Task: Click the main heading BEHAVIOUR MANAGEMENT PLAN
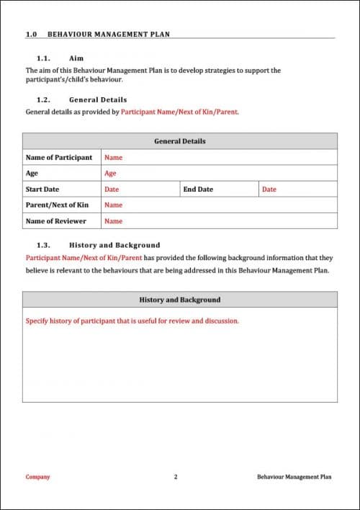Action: click(x=109, y=34)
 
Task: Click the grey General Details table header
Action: click(x=179, y=141)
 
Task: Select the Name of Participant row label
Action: click(x=59, y=157)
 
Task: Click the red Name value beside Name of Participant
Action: click(x=113, y=157)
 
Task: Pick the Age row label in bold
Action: click(x=32, y=173)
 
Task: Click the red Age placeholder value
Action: click(x=110, y=173)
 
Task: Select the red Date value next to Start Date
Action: click(x=112, y=189)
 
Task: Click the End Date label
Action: click(x=198, y=189)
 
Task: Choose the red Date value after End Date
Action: click(x=269, y=189)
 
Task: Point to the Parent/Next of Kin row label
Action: click(x=57, y=205)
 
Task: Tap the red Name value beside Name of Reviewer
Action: click(x=113, y=221)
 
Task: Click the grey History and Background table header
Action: click(x=179, y=300)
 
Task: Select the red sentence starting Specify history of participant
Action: click(x=132, y=321)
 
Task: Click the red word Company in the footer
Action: click(x=37, y=477)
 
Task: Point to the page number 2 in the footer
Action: click(x=175, y=477)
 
